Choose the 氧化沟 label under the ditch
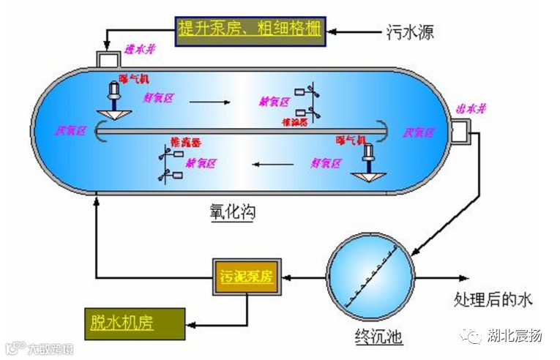pyautogui.click(x=232, y=213)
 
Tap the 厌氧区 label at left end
pyautogui.click(x=72, y=131)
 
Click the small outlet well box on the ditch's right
pyautogui.click(x=461, y=132)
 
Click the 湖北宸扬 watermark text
pyautogui.click(x=515, y=337)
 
